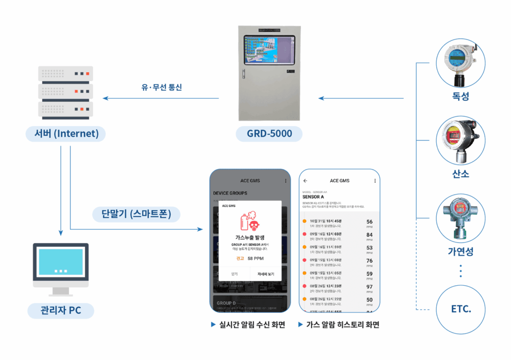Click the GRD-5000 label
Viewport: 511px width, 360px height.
tap(269, 134)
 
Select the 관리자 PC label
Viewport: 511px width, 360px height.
tap(61, 310)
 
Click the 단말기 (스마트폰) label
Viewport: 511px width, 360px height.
tap(136, 215)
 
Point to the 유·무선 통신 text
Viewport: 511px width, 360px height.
tap(162, 87)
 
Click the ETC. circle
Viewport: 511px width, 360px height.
tap(461, 309)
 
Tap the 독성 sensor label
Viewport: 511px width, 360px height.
tap(461, 97)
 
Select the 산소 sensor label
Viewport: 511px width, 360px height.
tap(461, 174)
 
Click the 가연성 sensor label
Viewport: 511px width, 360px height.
tap(461, 251)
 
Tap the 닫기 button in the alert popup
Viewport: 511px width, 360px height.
tap(234, 274)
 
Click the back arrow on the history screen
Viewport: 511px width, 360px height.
tap(305, 180)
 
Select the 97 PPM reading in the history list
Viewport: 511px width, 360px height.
tap(369, 287)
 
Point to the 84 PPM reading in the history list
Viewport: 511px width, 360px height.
tap(369, 235)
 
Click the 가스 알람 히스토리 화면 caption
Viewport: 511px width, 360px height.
tap(342, 325)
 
